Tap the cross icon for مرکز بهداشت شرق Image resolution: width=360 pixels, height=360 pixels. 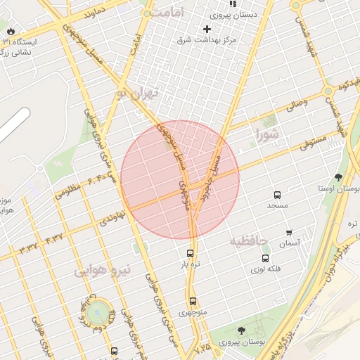207,29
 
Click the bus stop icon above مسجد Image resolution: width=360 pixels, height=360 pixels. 277,195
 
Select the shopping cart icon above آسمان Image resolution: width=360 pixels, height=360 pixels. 289,233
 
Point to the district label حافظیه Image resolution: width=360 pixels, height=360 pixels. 249,242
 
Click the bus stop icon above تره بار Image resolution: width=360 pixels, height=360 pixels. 190,253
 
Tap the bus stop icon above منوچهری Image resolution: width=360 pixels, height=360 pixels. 193,302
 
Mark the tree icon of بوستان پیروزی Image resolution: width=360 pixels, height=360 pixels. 241,330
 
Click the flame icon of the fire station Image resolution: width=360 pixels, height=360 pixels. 11,31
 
